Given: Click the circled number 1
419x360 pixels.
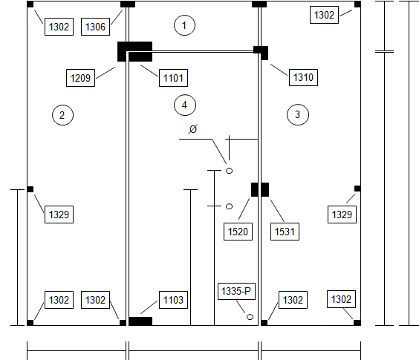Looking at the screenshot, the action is click(184, 25).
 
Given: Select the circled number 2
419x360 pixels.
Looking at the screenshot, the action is click(62, 115).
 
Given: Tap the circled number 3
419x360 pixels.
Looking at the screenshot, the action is click(298, 114).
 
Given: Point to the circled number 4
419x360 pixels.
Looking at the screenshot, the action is click(185, 105).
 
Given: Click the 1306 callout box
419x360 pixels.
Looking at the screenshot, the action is click(95, 27).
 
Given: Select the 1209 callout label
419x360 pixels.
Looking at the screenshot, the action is click(80, 78).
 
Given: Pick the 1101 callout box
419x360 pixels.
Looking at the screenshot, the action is click(173, 78).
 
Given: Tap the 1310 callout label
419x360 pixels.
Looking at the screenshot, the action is click(303, 77).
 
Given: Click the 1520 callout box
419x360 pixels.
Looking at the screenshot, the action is click(238, 232).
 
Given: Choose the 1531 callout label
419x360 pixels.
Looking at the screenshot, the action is click(285, 232).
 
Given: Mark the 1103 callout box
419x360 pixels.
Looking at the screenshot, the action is click(173, 300).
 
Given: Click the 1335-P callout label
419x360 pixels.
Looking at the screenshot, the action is click(236, 291).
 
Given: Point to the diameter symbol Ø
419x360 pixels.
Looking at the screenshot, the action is click(193, 129).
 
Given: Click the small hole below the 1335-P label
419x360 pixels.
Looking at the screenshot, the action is click(250, 317).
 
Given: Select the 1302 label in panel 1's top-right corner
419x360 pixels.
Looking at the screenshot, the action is click(324, 15).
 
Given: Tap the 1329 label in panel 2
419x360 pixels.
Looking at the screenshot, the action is click(59, 215).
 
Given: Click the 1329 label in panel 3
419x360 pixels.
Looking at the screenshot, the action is click(342, 215).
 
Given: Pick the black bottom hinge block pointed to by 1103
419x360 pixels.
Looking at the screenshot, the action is click(140, 321).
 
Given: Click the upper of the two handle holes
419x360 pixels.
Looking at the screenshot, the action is click(229, 171).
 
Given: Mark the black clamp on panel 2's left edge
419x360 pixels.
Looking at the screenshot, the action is click(30, 189).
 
